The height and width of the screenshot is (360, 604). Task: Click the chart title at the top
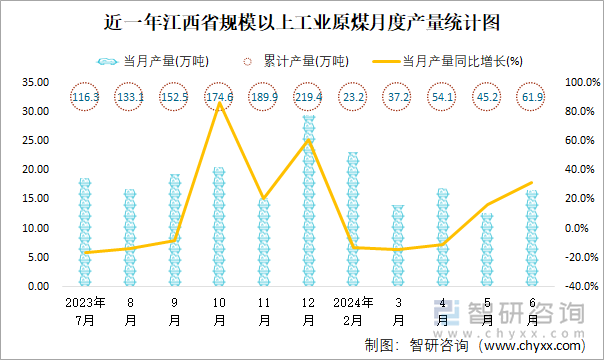(x=302, y=21)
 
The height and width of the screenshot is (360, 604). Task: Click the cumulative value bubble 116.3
(x=86, y=97)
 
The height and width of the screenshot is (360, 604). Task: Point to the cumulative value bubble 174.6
(x=219, y=97)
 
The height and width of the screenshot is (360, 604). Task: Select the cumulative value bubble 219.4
(x=309, y=97)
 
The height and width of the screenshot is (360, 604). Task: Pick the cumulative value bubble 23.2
(x=353, y=97)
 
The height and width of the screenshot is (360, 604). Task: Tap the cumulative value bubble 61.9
(x=532, y=97)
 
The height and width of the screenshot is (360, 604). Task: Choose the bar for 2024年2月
(x=353, y=220)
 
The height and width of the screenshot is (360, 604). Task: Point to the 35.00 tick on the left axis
(x=37, y=82)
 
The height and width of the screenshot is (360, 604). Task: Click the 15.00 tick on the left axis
(x=37, y=199)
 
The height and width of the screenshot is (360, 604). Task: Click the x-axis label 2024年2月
(x=353, y=310)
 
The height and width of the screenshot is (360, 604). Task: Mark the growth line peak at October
(x=219, y=102)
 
